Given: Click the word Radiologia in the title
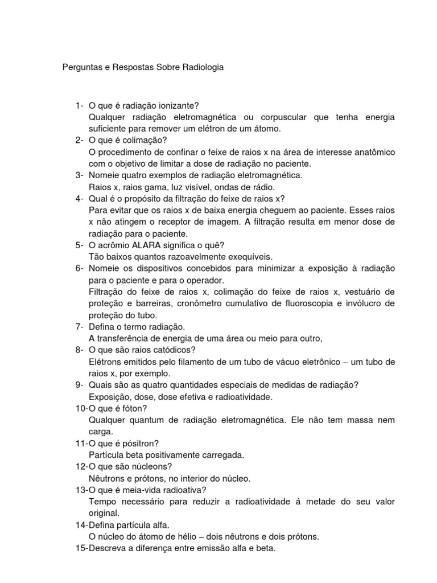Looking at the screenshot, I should (203, 67).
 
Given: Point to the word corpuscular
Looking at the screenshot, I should (277, 117).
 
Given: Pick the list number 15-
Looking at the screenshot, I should (81, 548).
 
